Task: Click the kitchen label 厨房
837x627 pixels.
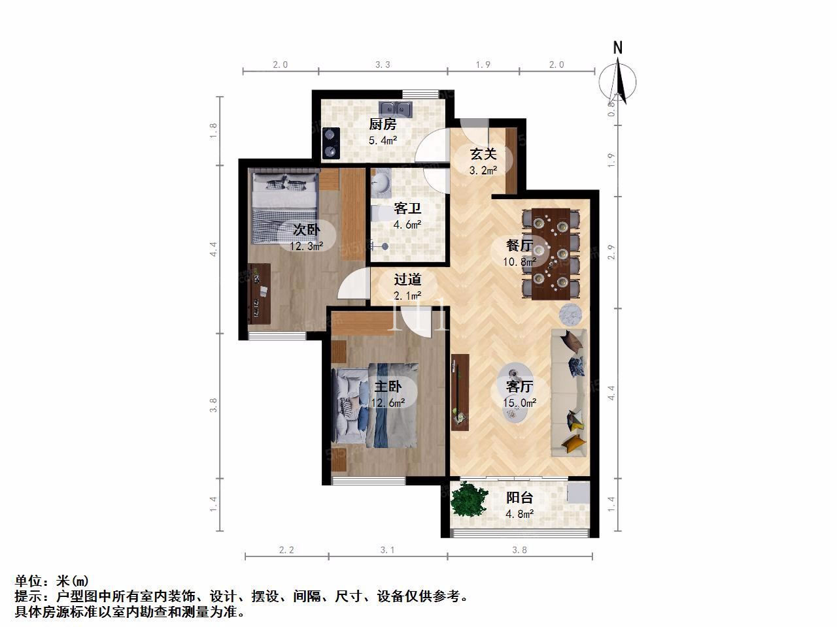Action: [x=383, y=124]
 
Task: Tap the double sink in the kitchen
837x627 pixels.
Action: [x=396, y=109]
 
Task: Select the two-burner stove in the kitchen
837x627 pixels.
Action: [x=331, y=143]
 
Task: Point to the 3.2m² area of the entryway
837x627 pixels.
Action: [x=483, y=170]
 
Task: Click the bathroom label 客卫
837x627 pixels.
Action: [x=407, y=208]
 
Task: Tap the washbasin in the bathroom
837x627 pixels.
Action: [x=381, y=184]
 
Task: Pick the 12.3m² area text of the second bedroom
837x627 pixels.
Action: [x=306, y=246]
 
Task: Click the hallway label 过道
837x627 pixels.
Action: [x=407, y=280]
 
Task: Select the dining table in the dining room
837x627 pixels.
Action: [x=551, y=254]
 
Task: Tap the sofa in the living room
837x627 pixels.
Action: [x=568, y=393]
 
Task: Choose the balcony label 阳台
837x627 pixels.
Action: [x=519, y=498]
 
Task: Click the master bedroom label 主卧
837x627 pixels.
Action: [x=387, y=387]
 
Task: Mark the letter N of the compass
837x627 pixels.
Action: [x=618, y=48]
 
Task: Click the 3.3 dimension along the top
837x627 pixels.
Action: [x=383, y=65]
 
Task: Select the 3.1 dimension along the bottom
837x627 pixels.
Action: [x=387, y=550]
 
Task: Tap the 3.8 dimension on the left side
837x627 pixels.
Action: [x=213, y=405]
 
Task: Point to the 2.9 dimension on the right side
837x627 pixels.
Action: [x=611, y=252]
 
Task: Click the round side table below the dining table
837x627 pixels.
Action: [x=570, y=314]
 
